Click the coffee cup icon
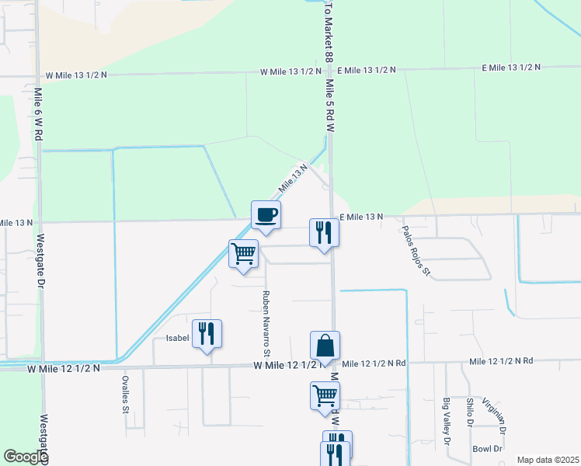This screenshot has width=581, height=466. pos(266,214)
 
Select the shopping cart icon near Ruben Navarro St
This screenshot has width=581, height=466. pos(244,253)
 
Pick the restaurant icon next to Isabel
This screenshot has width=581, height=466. pos(207,333)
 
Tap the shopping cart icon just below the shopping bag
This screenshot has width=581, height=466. pos(325,395)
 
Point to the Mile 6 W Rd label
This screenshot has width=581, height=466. pos(38,114)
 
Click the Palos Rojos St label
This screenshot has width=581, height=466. pos(416,251)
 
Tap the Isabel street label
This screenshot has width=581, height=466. pos(178,339)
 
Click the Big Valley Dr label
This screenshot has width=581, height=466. pos(447,422)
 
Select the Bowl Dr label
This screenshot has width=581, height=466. pos(488,449)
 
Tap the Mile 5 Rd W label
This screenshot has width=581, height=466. pos(330,105)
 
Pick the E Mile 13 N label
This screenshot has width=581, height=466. pos(360,217)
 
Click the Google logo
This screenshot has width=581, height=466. pos(26,457)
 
